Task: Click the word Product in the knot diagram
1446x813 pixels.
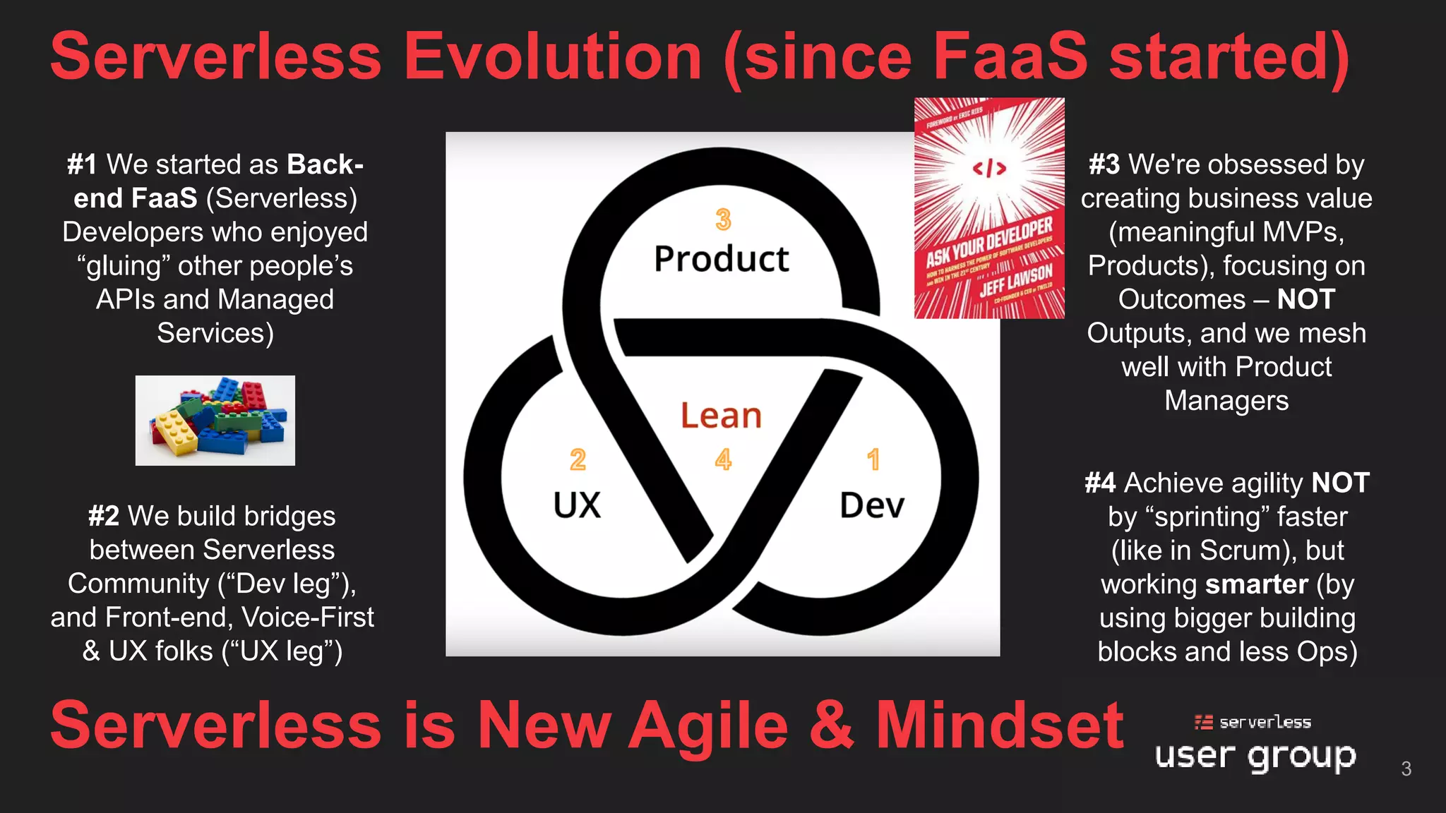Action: coord(721,259)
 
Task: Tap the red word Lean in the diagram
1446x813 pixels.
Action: coord(721,416)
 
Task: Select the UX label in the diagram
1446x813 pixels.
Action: coord(577,505)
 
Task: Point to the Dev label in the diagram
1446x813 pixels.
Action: coord(872,505)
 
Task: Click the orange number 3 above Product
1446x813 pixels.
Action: coord(723,219)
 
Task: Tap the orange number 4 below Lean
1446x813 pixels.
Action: coord(723,460)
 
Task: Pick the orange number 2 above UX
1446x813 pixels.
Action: coord(578,460)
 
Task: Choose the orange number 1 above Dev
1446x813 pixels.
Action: coord(873,460)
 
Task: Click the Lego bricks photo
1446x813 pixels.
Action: coord(215,421)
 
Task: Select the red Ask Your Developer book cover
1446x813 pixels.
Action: coord(989,208)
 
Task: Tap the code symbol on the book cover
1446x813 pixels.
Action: coord(989,168)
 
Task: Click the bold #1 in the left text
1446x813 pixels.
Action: coord(82,164)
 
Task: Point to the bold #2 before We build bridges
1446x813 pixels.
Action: coord(104,516)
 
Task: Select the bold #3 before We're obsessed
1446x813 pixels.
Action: coord(1104,164)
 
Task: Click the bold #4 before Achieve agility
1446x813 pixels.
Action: coord(1100,483)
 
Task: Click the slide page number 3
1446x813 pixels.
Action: coord(1406,769)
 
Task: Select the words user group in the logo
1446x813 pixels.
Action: coord(1255,756)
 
